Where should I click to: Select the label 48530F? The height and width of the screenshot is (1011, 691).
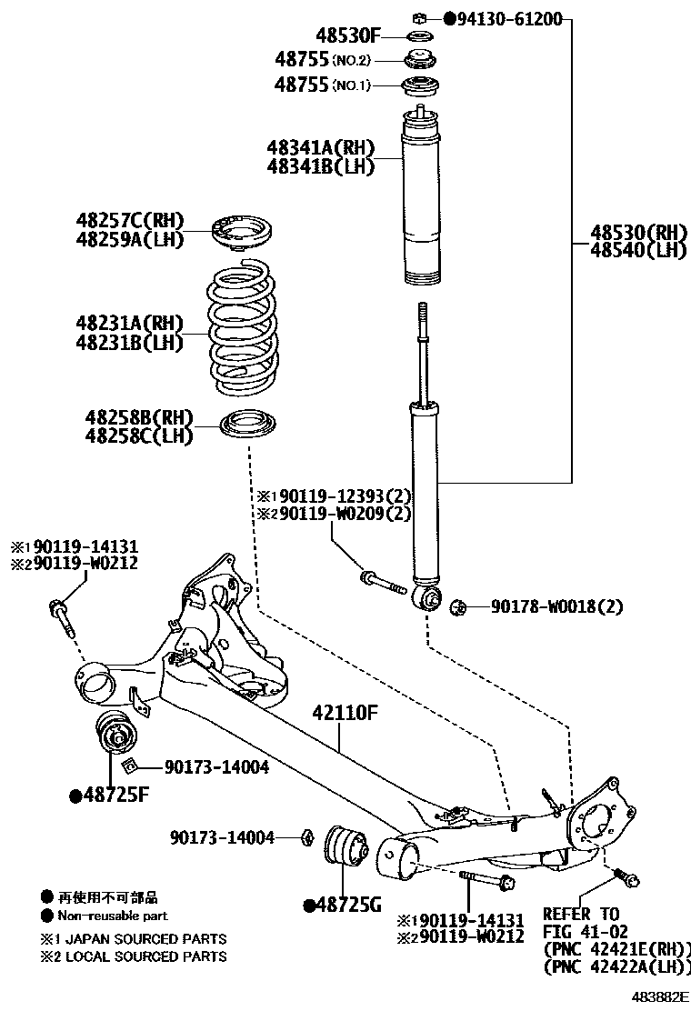tap(347, 36)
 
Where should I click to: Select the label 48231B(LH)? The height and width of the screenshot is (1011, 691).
tap(129, 343)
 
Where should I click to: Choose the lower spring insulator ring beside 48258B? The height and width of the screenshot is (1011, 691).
tap(249, 425)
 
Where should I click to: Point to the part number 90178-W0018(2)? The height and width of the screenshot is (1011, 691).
tap(557, 606)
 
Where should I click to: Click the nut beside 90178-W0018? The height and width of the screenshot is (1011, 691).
tap(458, 606)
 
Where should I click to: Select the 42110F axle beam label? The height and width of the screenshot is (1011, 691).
tap(345, 712)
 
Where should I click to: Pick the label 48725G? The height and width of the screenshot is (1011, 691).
tap(347, 905)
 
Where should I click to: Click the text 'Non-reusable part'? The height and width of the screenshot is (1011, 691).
tap(113, 916)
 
